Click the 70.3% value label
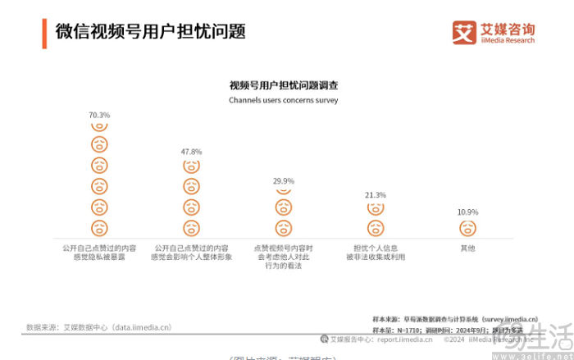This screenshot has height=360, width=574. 99,115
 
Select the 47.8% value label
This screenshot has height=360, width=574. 191,152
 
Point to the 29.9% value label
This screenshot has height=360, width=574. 284,180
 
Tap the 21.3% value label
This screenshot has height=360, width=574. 376,195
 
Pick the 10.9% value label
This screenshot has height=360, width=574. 467,212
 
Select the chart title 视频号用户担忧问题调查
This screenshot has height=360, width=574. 284,85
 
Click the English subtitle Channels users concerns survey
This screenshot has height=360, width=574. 283,100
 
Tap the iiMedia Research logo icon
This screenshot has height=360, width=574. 464,32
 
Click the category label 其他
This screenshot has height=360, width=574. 467,247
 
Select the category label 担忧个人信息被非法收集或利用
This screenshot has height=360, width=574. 376,252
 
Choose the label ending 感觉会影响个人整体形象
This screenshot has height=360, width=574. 191,257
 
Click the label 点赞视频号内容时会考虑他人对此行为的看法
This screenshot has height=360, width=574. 284,257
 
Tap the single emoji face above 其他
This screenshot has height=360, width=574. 467,227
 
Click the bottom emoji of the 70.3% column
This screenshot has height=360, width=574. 99,227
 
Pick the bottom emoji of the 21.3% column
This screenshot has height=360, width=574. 376,227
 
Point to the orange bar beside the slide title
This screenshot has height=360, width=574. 44,32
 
